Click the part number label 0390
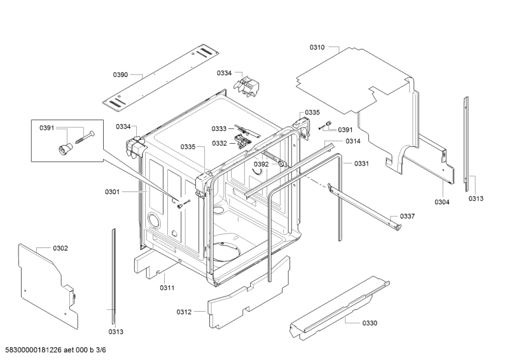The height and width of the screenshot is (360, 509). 120,75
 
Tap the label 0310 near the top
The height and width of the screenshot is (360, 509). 317,48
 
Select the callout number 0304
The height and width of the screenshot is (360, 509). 442,202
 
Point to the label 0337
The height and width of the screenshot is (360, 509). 407,216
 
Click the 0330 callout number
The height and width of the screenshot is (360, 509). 370,323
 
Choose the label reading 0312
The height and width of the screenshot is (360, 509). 184,312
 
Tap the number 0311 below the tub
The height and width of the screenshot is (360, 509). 167,287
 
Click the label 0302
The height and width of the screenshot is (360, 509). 60,248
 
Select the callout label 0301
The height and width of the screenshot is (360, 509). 113,192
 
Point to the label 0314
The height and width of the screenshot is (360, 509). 353,141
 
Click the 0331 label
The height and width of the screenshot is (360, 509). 361,163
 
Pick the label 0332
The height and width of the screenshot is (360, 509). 220,143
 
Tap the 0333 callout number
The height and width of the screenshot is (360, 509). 219,129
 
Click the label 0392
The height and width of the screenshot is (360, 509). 261,164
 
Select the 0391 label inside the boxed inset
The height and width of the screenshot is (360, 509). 47,128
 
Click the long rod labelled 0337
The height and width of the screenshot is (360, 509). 365,207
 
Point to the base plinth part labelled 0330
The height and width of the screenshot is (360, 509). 339,308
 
